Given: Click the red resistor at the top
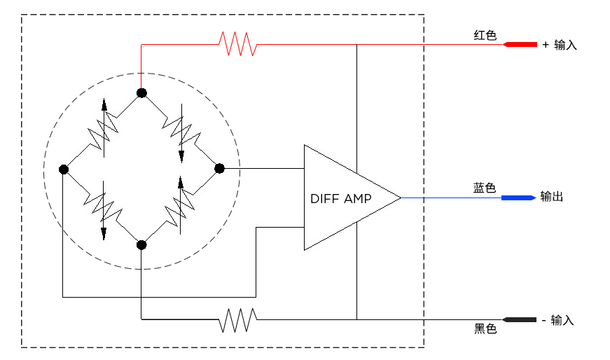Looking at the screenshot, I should (x=237, y=44).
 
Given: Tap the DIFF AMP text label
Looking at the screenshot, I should (x=341, y=198).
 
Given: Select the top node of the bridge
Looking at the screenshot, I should (x=141, y=92).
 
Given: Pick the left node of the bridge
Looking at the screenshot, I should (x=64, y=169).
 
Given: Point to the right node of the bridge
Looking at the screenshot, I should (x=219, y=168).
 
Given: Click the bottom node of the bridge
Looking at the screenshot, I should (x=141, y=244).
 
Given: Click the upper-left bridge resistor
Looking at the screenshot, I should (x=102, y=130).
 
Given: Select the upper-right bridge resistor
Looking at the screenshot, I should (x=179, y=130).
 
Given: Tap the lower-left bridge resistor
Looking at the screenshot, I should (x=102, y=207).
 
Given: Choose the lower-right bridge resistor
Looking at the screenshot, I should (x=179, y=206).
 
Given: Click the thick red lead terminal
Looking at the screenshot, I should (x=519, y=45).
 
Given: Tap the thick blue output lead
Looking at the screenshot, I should (x=519, y=198).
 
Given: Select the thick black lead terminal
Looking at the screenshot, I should (x=519, y=319).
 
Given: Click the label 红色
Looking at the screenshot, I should (x=485, y=35).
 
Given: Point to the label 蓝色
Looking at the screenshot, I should (x=485, y=188).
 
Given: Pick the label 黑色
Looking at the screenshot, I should (x=485, y=329).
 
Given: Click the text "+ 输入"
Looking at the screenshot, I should (x=560, y=45).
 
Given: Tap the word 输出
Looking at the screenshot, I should (x=552, y=198).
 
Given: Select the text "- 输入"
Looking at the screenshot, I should (x=558, y=320).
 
